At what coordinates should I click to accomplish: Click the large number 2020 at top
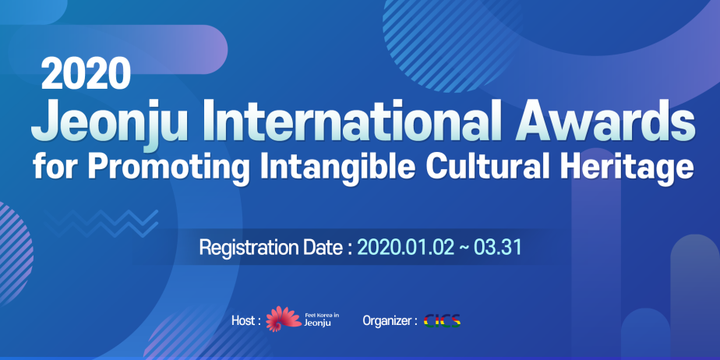(x=86, y=75)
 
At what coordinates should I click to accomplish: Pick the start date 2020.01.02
(x=405, y=248)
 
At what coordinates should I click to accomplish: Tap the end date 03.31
(x=498, y=248)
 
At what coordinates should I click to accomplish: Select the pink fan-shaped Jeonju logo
(x=284, y=319)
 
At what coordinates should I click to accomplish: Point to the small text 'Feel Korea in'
(x=322, y=316)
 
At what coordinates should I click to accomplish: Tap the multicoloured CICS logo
(x=442, y=320)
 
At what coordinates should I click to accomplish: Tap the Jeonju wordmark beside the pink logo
(x=318, y=323)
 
